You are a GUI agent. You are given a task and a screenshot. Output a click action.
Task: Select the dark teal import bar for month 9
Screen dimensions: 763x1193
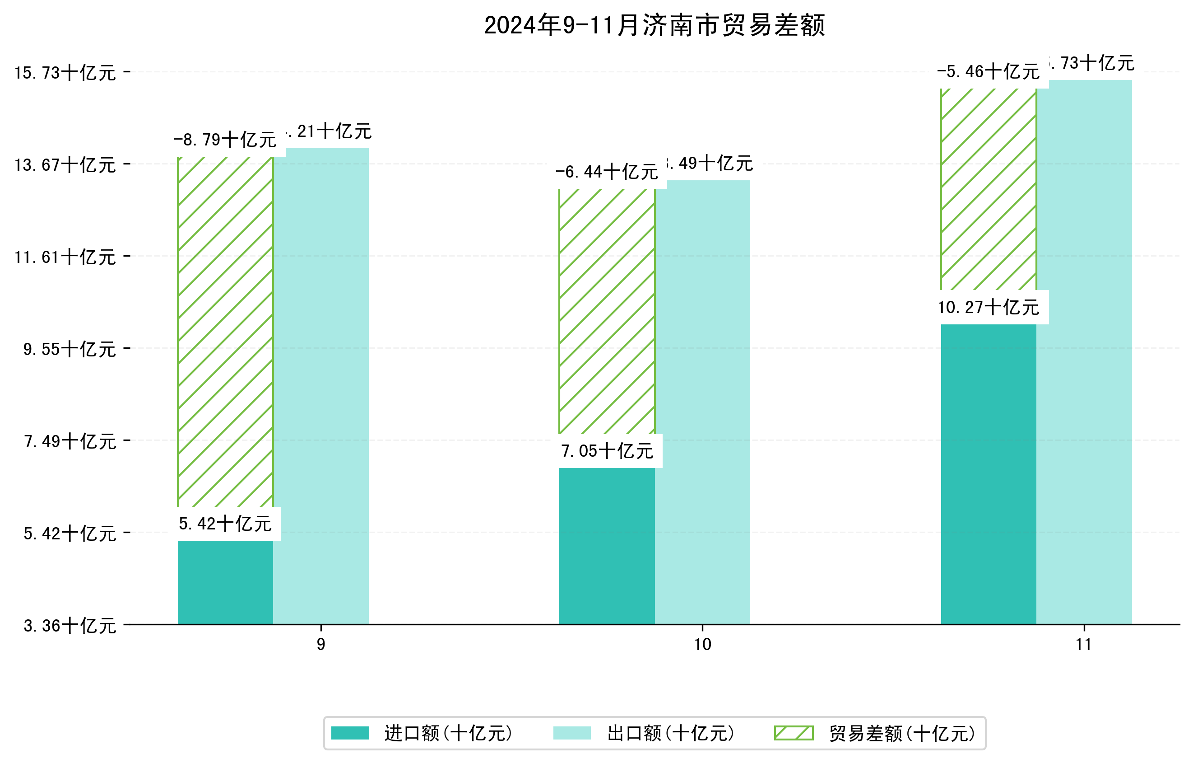pyautogui.click(x=225, y=583)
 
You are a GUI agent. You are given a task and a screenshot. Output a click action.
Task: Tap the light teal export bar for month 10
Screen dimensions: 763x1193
pyautogui.click(x=702, y=402)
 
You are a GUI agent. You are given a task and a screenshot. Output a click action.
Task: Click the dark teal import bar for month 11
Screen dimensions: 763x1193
pyautogui.click(x=989, y=473)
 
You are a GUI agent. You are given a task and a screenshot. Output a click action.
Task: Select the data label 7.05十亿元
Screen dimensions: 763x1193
pyautogui.click(x=607, y=451)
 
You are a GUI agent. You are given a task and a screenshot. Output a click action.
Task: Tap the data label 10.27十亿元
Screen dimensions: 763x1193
pyautogui.click(x=989, y=307)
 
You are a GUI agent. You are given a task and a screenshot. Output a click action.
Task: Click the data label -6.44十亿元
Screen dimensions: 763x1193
pyautogui.click(x=607, y=172)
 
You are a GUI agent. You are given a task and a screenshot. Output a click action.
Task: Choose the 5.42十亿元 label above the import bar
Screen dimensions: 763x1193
pyautogui.click(x=225, y=524)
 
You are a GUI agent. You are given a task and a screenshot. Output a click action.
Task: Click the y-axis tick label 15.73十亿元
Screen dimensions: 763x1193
pyautogui.click(x=65, y=73)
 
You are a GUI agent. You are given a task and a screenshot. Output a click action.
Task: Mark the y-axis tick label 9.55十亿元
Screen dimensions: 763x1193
pyautogui.click(x=70, y=349)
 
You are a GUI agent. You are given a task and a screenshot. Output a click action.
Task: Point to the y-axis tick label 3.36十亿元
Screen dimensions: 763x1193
pyautogui.click(x=70, y=626)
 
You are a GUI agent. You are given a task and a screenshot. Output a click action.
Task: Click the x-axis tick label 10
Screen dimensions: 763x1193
pyautogui.click(x=702, y=645)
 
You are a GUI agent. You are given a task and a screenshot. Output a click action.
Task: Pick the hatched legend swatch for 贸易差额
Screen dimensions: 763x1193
pyautogui.click(x=794, y=733)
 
